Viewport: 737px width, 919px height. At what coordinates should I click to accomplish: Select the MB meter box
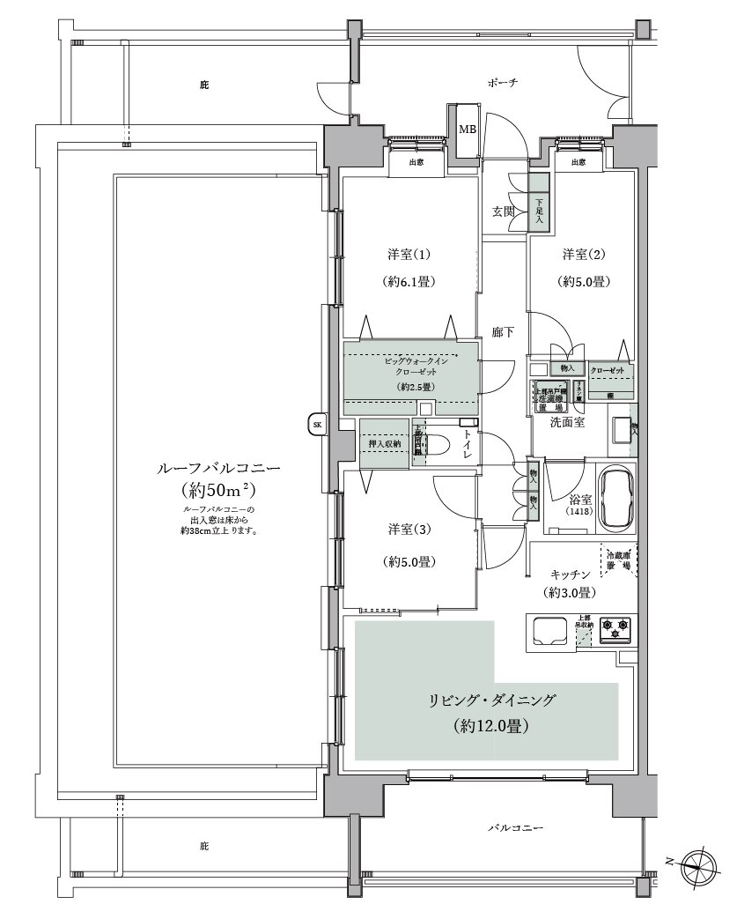coord(467,130)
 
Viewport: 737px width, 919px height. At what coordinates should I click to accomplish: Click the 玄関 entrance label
coord(503,211)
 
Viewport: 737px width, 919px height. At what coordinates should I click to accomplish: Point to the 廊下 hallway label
coord(503,332)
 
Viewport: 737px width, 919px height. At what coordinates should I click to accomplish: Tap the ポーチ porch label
coord(502,83)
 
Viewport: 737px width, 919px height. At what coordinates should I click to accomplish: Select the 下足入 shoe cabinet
coord(539,211)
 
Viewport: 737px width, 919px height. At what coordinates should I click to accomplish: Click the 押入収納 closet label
coord(385,443)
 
